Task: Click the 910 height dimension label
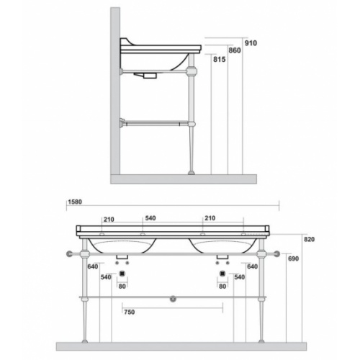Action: coord(251,43)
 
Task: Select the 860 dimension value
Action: coord(235,50)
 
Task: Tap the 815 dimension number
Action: coord(220,59)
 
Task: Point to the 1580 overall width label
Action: coord(75,202)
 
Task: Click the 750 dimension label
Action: coord(130,312)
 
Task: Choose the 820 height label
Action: coord(309,239)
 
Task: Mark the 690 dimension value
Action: coord(293,258)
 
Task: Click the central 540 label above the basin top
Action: coord(150,218)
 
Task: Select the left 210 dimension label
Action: coord(109,220)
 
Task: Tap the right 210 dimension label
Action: coord(210,218)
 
